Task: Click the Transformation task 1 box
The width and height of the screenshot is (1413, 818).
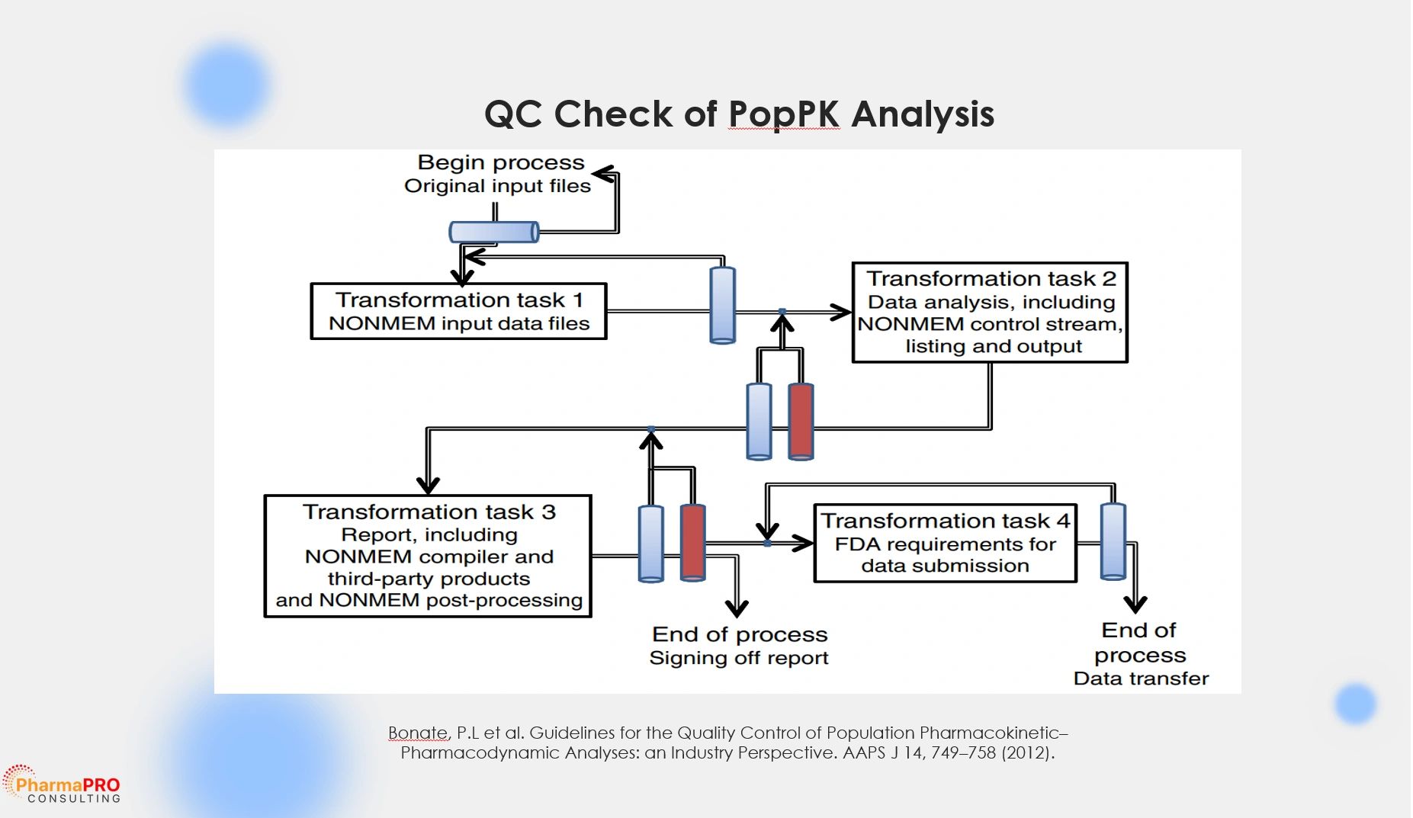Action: coord(458,311)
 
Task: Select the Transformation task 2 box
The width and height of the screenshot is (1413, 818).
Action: coord(989,313)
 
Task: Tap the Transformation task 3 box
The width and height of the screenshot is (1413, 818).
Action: coord(428,556)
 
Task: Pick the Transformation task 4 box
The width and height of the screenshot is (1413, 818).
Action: coord(945,543)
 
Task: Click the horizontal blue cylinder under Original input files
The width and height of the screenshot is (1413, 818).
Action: coord(494,231)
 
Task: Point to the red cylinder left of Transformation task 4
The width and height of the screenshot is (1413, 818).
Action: coord(692,542)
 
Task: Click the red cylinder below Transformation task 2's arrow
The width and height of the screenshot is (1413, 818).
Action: coord(801,421)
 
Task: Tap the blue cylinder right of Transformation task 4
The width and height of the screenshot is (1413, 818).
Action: coord(1113,541)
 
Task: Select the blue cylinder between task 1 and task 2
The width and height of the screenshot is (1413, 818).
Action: coord(722,305)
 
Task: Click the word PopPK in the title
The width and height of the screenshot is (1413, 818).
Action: coord(783,114)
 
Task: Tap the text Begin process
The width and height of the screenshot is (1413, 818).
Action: coord(500,162)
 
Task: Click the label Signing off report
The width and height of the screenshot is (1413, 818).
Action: coord(738,658)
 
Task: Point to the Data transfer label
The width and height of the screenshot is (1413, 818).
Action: coord(1141,678)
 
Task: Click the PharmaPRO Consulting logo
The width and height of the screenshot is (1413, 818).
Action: coord(63,786)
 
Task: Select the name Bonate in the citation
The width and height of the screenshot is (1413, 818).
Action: coord(417,733)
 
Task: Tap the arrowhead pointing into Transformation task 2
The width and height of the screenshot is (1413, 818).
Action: coord(842,312)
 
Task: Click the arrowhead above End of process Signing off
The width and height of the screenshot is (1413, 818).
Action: coord(737,608)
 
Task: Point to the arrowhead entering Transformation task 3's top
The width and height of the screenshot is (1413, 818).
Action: coord(428,485)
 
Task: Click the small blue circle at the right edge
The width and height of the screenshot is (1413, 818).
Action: coord(1355,703)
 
